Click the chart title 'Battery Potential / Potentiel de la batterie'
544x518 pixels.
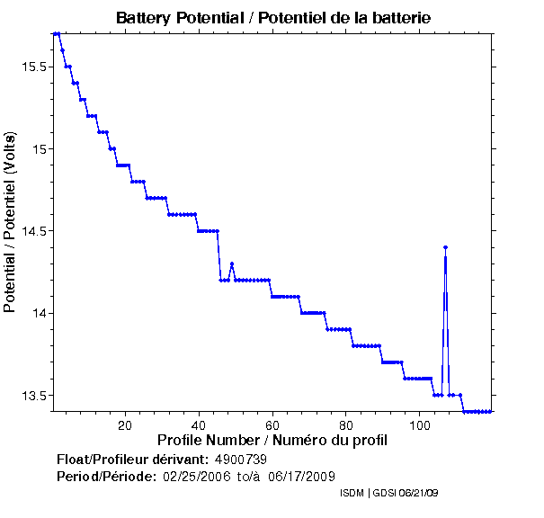272,18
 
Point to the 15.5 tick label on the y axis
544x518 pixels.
33,67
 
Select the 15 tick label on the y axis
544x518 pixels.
40,148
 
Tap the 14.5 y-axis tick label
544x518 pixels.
33,231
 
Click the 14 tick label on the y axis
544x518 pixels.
40,313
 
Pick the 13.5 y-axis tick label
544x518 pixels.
33,396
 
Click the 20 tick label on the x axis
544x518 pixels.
125,424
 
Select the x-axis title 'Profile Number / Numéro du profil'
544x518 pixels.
272,441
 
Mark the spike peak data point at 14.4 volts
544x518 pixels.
445,247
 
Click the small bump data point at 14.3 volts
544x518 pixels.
232,263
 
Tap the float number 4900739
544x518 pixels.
241,460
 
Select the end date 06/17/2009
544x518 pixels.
304,476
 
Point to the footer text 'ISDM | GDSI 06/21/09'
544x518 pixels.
388,494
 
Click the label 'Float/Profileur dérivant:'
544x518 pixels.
132,460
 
